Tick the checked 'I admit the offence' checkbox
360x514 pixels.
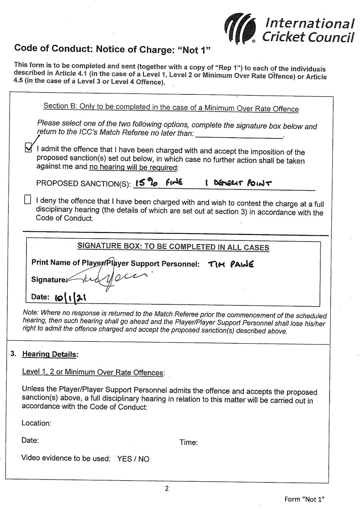28,148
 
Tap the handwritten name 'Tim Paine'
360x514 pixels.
231,264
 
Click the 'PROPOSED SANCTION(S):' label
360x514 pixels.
83,184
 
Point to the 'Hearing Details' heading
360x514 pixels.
50,354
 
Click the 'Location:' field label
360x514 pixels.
36,423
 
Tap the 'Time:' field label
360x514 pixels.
188,442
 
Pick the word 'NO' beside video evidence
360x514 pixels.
144,459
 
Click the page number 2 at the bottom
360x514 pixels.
167,488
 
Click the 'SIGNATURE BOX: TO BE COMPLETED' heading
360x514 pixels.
173,246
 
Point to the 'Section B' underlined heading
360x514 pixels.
171,108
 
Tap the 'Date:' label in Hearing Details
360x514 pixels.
30,440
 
